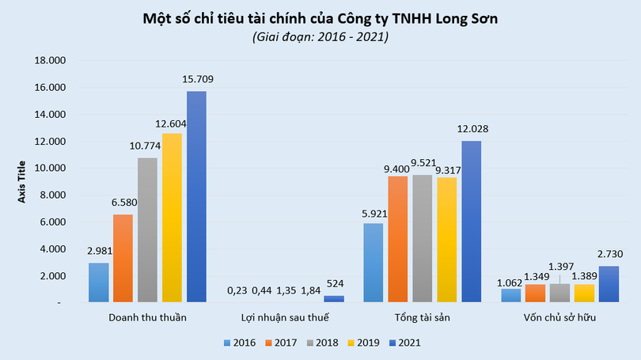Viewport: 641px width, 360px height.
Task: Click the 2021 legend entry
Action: click(x=404, y=343)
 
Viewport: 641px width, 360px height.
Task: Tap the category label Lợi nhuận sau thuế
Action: click(x=284, y=318)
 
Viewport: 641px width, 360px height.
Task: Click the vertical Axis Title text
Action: click(x=22, y=181)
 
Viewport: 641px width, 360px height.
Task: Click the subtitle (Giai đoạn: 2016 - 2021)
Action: click(x=320, y=36)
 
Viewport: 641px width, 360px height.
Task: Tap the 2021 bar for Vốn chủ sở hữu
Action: click(x=609, y=284)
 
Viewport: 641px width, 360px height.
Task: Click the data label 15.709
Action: click(x=196, y=79)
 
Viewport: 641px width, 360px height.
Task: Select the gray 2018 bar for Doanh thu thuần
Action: click(x=147, y=229)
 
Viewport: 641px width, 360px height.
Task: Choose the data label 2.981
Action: click(x=98, y=251)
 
